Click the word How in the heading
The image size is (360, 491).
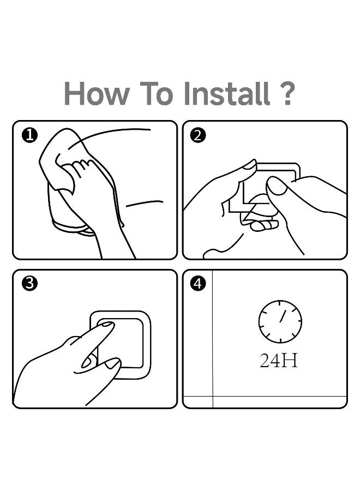[x=97, y=93]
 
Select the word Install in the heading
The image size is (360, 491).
[x=227, y=93]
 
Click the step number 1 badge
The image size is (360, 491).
[x=30, y=136]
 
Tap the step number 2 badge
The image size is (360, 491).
[x=198, y=136]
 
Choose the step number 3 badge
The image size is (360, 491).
[x=30, y=284]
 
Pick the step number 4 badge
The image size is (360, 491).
[x=198, y=284]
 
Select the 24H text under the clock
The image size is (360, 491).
[x=279, y=361]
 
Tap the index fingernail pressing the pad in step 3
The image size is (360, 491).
[x=107, y=325]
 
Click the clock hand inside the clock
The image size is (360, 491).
[x=283, y=316]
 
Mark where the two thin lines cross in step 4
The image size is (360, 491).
[x=213, y=397]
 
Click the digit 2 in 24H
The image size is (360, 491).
[x=265, y=361]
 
